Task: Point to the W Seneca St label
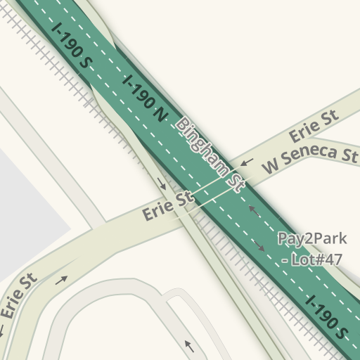[x=311, y=159]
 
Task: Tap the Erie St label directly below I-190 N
[x=168, y=206]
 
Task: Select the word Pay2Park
[x=311, y=238]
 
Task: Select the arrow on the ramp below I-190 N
[x=162, y=186]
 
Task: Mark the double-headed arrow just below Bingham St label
[x=253, y=210]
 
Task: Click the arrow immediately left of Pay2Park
[x=259, y=246]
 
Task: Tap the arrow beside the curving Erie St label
[x=62, y=279]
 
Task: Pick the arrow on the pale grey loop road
[x=188, y=345]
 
